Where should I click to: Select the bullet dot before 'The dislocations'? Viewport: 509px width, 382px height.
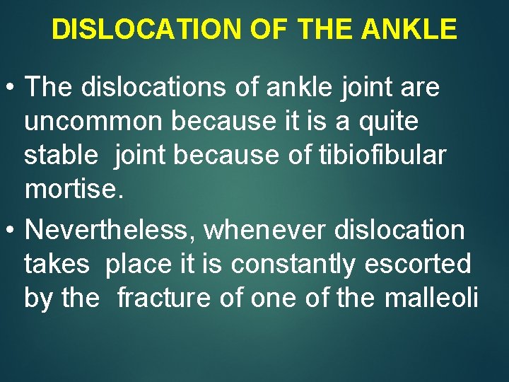pos(12,88)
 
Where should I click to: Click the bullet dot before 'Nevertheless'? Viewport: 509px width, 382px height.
pos(12,230)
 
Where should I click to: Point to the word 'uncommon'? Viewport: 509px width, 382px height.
pos(88,122)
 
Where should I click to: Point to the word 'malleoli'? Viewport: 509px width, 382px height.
pos(431,298)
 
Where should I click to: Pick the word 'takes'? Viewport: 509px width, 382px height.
pos(57,264)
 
